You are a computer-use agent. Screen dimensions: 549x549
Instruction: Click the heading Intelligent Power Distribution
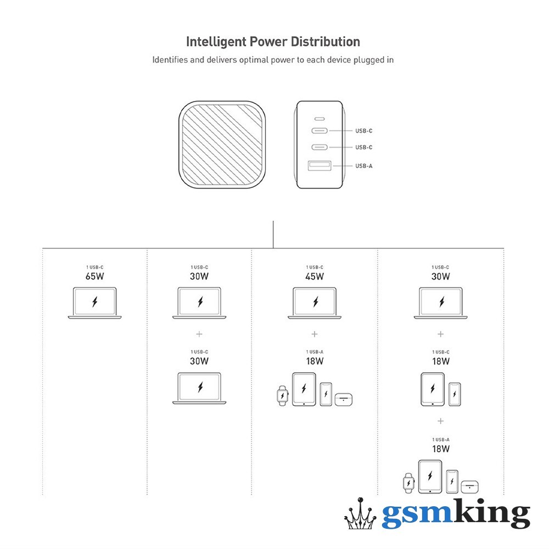[x=273, y=42]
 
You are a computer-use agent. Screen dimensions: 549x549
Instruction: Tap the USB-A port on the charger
[x=320, y=165]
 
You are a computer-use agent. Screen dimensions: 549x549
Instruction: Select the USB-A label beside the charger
[x=363, y=166]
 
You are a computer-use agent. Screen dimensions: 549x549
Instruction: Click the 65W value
[x=94, y=276]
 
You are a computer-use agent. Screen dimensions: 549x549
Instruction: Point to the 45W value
[x=315, y=276]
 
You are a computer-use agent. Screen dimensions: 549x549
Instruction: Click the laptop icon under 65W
[x=94, y=302]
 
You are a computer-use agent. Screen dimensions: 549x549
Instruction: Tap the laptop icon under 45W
[x=315, y=302]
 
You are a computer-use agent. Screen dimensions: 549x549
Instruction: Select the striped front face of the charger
[x=222, y=144]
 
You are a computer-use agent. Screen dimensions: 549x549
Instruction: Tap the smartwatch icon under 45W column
[x=282, y=395]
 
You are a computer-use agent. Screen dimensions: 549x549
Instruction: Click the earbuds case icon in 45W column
[x=344, y=399]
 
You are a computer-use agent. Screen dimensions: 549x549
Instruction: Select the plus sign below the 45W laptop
[x=315, y=334]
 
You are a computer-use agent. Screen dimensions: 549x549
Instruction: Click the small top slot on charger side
[x=320, y=118]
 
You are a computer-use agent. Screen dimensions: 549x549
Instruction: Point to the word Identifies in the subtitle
[x=170, y=60]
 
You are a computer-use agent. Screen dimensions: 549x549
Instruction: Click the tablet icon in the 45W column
[x=304, y=389]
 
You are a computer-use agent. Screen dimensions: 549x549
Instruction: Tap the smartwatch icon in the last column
[x=408, y=482]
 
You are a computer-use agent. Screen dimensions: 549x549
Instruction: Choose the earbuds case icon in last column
[x=470, y=486]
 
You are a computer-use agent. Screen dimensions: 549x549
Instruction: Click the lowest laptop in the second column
[x=199, y=388]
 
